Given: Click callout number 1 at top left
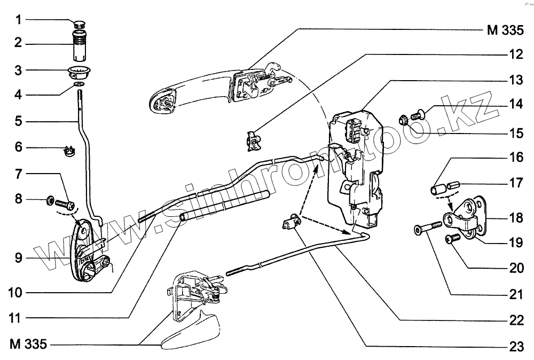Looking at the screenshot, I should coord(19,21).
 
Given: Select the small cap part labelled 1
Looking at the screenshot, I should coord(80,23).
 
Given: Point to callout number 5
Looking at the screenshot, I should coord(19,121).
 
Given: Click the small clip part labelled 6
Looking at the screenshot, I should coord(67,151).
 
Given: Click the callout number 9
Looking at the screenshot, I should coord(19,259).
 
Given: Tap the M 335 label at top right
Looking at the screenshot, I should coord(504,30).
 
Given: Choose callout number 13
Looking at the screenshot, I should coord(515,81).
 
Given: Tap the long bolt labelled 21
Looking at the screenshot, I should coord(427,229).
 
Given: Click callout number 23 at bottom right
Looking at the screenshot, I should coord(515,347).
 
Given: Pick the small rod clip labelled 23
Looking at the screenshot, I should coord(291,222).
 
